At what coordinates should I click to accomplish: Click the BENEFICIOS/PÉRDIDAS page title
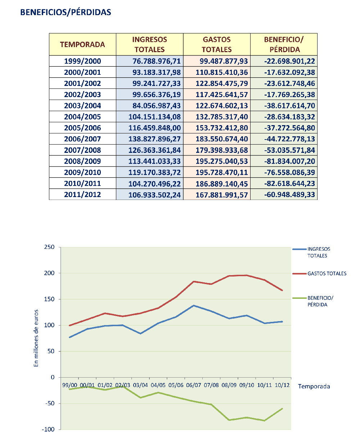pos(66,13)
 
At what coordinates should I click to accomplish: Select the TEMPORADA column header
pos(82,45)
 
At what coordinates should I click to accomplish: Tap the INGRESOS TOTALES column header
pos(149,45)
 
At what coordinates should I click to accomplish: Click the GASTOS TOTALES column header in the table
pos(216,45)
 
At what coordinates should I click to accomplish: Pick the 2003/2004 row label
pos(82,106)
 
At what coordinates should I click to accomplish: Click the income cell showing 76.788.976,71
pos(157,61)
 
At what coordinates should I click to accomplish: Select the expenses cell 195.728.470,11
pos(222,172)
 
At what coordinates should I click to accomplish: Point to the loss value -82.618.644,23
pos(289,184)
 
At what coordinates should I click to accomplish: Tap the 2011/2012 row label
pos(82,195)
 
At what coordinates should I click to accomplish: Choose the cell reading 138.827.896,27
pos(154,139)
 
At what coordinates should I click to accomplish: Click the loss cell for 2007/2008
pos(289,150)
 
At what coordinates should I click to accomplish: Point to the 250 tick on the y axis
pos(49,247)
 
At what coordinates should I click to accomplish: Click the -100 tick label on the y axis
pos(48,429)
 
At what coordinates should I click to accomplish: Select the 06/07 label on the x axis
pos(194,385)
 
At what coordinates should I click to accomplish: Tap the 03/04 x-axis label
pos(140,385)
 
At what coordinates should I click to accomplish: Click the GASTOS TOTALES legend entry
pos(319,274)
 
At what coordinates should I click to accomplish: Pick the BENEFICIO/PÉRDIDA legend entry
pos(313,301)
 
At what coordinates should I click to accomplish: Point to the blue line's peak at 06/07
pos(194,306)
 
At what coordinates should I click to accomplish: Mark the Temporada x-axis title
pos(314,386)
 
